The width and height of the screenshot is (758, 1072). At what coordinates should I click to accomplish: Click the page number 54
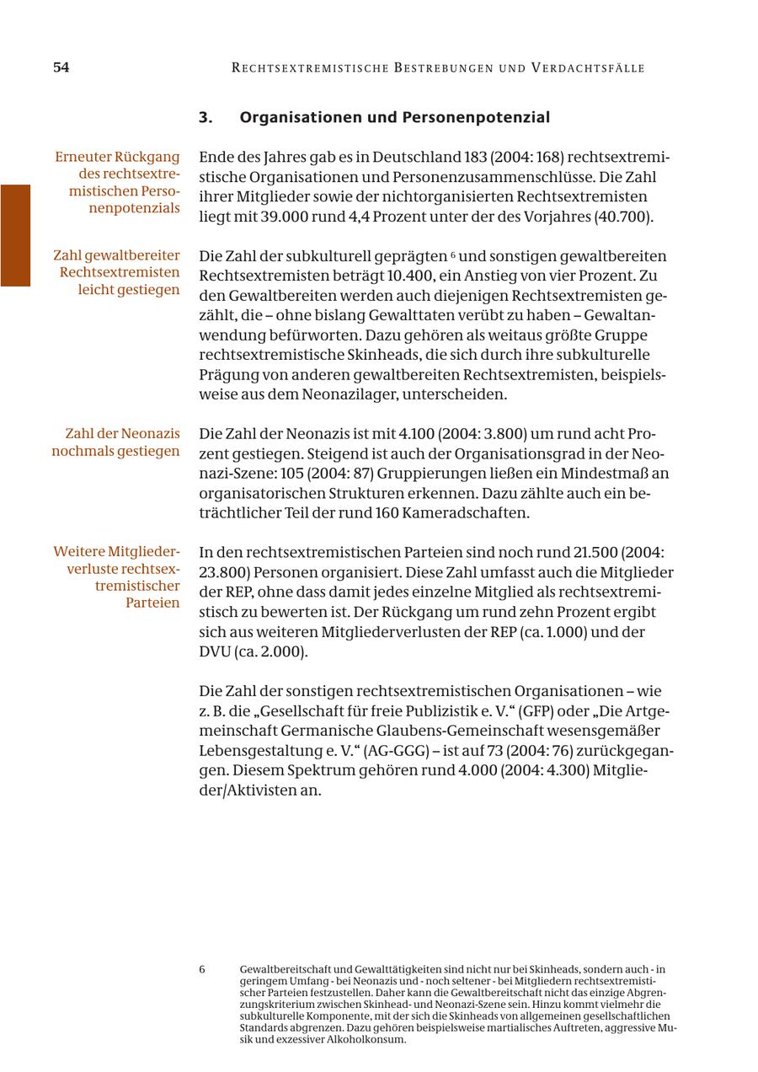click(61, 68)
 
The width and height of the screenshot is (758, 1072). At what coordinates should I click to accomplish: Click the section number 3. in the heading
click(206, 118)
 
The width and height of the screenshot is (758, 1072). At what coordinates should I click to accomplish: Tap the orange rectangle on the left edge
click(15, 235)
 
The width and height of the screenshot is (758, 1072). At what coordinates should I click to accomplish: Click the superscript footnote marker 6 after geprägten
click(453, 255)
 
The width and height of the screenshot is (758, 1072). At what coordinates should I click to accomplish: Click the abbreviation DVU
click(216, 652)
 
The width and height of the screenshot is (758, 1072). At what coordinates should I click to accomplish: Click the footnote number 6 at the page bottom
click(202, 970)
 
